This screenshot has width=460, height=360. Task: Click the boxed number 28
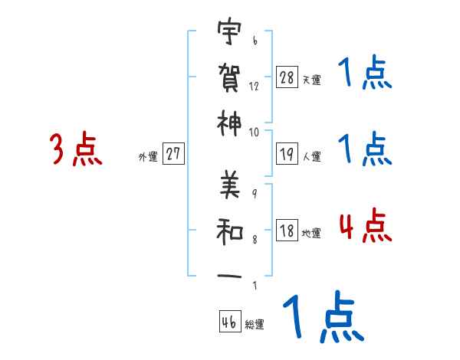287,77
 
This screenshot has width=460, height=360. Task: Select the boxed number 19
287,154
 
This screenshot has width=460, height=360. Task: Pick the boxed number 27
173,154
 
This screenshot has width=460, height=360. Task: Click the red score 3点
76,149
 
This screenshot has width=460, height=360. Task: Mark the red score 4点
365,227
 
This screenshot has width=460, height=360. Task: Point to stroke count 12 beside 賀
254,86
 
